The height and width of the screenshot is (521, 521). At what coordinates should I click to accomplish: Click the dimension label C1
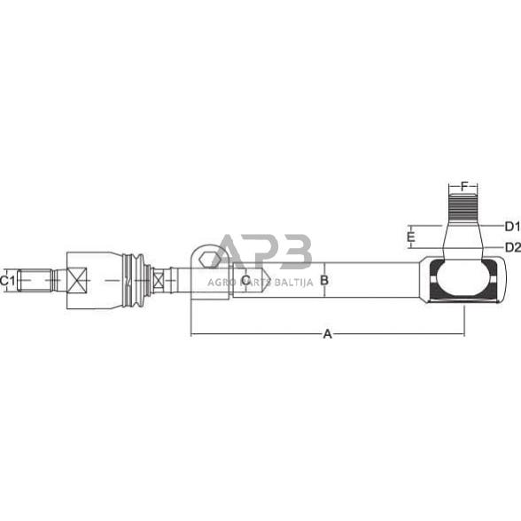click(x=8, y=280)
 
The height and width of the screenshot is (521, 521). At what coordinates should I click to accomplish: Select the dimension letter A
click(x=327, y=334)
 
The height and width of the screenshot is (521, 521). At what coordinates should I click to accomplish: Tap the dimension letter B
click(x=324, y=280)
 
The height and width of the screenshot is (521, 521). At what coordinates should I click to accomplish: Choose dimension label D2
click(x=511, y=246)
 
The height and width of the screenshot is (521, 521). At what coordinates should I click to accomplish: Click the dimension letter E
click(x=410, y=237)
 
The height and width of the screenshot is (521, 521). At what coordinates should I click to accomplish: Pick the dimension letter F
click(x=463, y=187)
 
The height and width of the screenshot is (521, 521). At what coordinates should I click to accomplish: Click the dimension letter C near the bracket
click(x=245, y=280)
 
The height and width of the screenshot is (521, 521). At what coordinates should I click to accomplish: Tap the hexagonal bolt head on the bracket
click(x=206, y=259)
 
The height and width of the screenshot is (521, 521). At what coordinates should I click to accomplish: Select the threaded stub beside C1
click(x=35, y=281)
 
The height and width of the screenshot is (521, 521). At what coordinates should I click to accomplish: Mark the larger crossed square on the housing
click(x=76, y=281)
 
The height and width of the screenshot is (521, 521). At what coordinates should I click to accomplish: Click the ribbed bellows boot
click(x=136, y=280)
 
